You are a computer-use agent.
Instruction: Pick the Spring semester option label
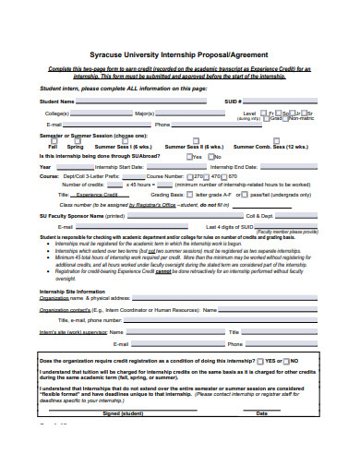click(75, 147)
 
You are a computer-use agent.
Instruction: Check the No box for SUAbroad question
click(209, 156)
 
